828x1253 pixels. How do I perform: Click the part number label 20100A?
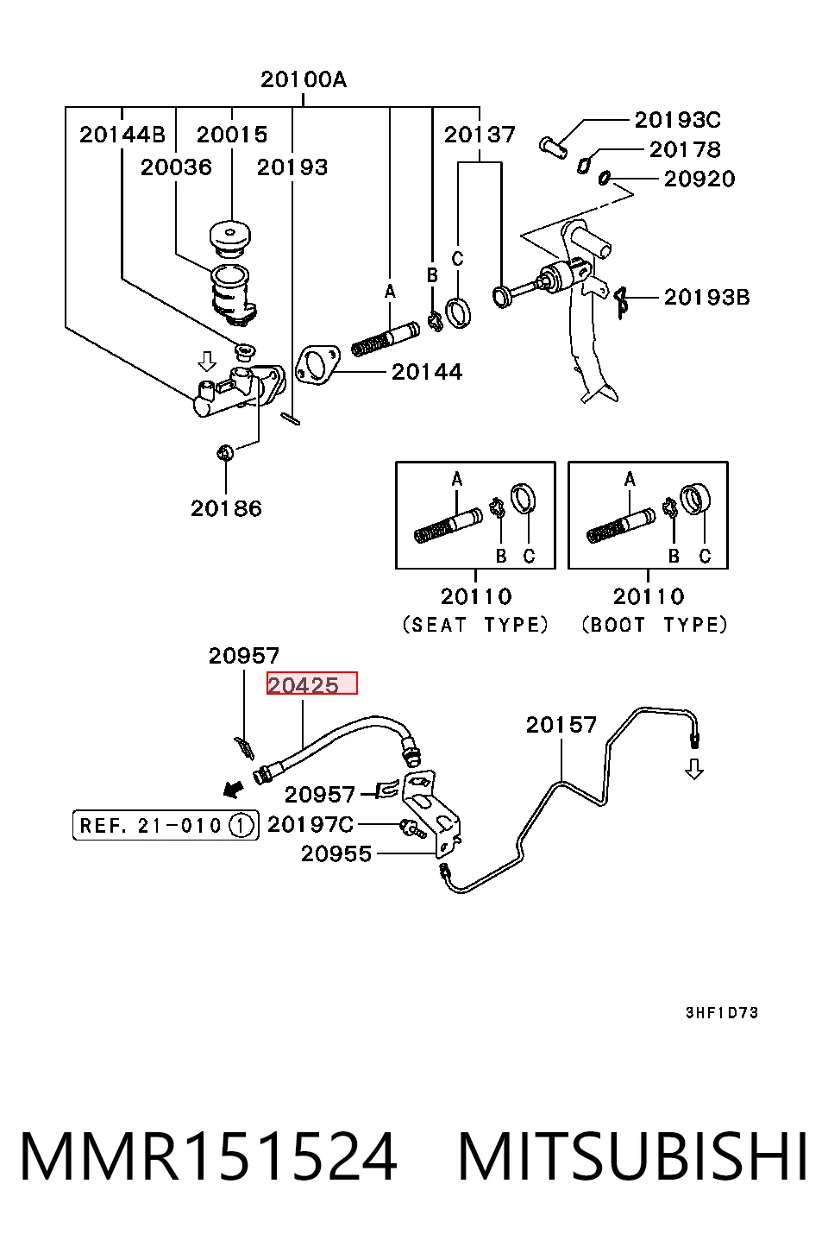click(x=304, y=79)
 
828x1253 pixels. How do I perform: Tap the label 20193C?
click(x=678, y=120)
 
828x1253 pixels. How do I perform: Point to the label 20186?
click(x=226, y=508)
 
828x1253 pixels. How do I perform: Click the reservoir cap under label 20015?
click(x=229, y=237)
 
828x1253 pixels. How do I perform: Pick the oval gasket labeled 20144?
click(x=317, y=365)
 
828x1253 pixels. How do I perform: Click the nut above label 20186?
click(x=225, y=452)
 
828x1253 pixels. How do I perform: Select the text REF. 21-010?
click(x=151, y=826)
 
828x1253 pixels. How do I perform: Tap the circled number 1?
click(x=241, y=826)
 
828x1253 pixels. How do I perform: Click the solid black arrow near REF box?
click(x=233, y=789)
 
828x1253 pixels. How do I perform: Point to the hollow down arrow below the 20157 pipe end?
click(x=694, y=769)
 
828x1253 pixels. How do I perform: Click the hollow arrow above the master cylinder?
click(x=207, y=361)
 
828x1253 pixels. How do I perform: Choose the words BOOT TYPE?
click(x=655, y=624)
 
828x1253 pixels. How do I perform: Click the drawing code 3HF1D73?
click(x=722, y=1013)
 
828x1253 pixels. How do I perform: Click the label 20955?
click(x=336, y=853)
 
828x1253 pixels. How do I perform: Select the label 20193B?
click(x=706, y=297)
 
